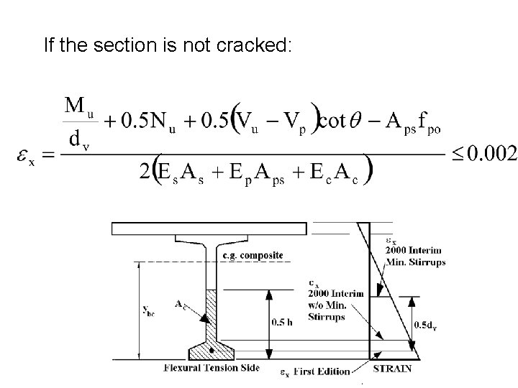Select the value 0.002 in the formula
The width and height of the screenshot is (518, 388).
(x=490, y=154)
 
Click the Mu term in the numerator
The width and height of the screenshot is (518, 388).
(x=81, y=108)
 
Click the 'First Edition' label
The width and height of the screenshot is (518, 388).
(x=322, y=371)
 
